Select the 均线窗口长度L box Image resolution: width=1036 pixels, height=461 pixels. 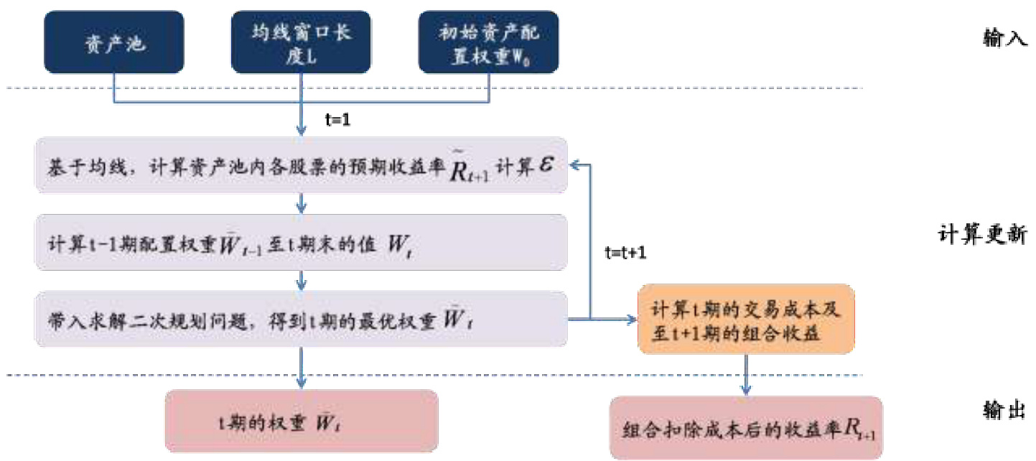coord(302,42)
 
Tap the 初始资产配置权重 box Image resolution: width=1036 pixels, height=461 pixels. coord(488,42)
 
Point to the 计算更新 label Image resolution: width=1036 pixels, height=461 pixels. coord(983,235)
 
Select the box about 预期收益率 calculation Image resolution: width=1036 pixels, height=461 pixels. coord(302,165)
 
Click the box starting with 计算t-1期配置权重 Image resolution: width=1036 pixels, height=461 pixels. coord(302,242)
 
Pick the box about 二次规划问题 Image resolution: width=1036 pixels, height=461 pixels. coord(302,319)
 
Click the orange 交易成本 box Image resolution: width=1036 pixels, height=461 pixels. coord(746,319)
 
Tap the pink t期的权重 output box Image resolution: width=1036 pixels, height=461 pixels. coord(302,421)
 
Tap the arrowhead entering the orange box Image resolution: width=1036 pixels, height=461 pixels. coord(632,319)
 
